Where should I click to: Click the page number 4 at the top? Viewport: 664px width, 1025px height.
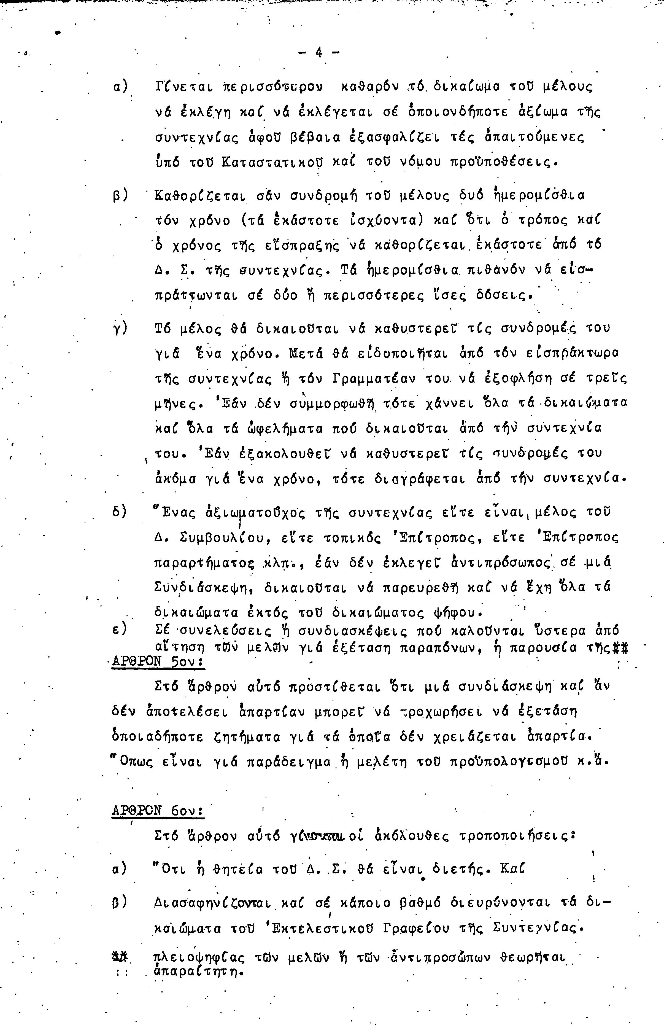pyautogui.click(x=319, y=53)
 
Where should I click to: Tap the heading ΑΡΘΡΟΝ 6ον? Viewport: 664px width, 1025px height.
pyautogui.click(x=158, y=811)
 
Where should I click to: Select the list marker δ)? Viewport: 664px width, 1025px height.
pyautogui.click(x=119, y=513)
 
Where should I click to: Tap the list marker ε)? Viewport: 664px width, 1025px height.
pyautogui.click(x=119, y=630)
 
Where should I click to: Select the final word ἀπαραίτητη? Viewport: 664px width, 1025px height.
pyautogui.click(x=196, y=972)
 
